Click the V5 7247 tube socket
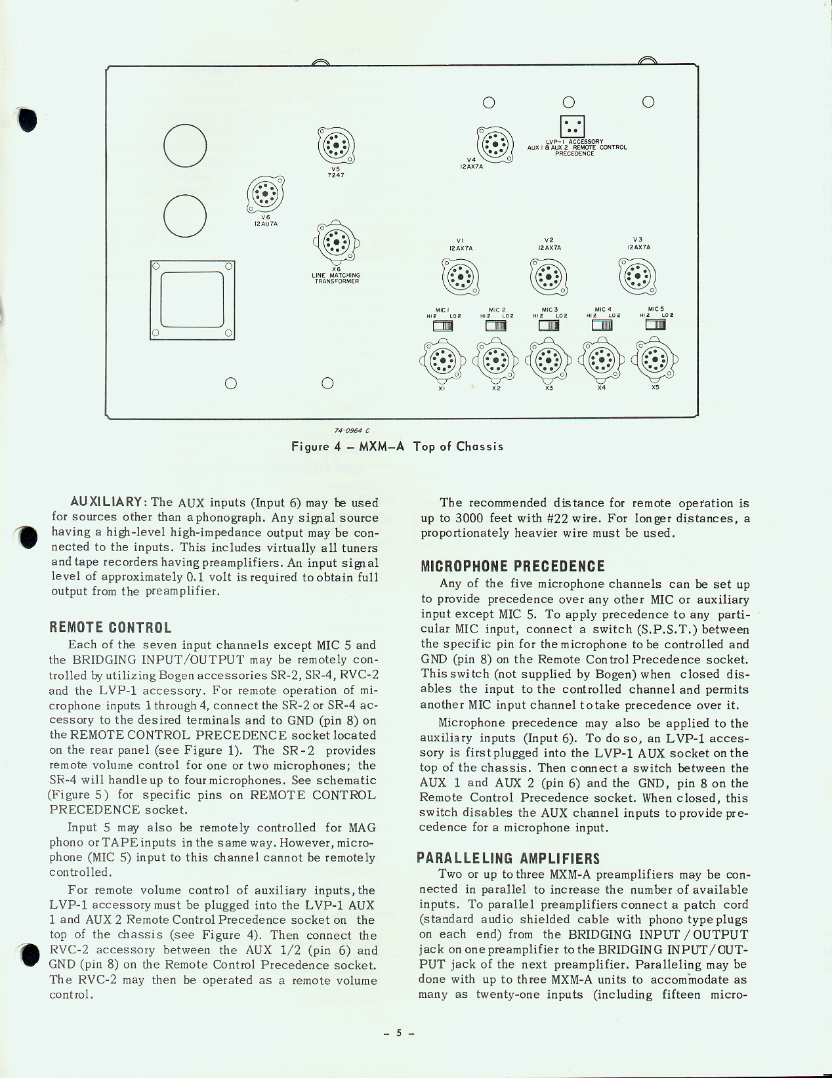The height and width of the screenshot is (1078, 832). pyautogui.click(x=337, y=145)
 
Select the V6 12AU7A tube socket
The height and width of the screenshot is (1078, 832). pyautogui.click(x=266, y=194)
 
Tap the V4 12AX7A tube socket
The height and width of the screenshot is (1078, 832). pyautogui.click(x=494, y=144)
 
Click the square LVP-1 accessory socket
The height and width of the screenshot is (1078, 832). pyautogui.click(x=572, y=126)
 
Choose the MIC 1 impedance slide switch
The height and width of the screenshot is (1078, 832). pyautogui.click(x=443, y=325)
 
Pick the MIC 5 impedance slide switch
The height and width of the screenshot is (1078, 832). pyautogui.click(x=655, y=324)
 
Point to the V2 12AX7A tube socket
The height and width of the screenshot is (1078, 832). pyautogui.click(x=549, y=276)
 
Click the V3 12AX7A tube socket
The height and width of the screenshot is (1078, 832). pyautogui.click(x=638, y=276)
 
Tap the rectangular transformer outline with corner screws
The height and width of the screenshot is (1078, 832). pyautogui.click(x=192, y=300)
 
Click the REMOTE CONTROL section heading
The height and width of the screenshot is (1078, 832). pyautogui.click(x=111, y=627)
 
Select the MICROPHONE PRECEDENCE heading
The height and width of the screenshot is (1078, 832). pyautogui.click(x=512, y=566)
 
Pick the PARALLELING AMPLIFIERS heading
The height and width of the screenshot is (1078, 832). pyautogui.click(x=508, y=858)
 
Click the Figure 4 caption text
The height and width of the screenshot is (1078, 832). pyautogui.click(x=398, y=446)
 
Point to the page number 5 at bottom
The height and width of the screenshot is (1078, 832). pyautogui.click(x=398, y=1033)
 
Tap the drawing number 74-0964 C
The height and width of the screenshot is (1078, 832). pyautogui.click(x=352, y=430)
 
